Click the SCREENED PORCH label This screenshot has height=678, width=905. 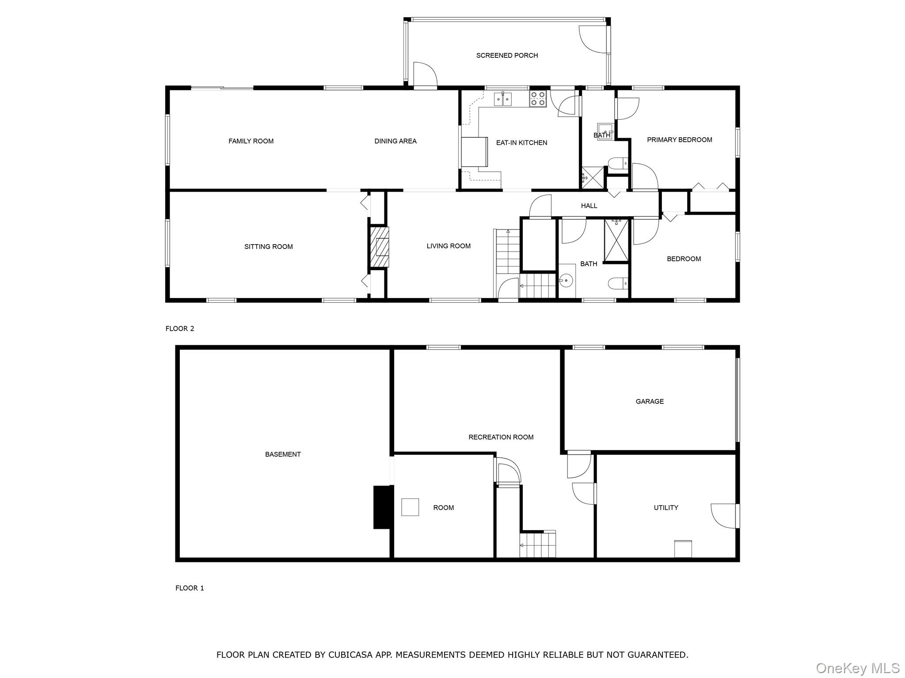[x=507, y=56]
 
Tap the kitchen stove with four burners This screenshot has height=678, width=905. [x=538, y=98]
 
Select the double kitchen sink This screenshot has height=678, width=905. [x=503, y=99]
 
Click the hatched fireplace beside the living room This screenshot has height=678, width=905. [x=379, y=247]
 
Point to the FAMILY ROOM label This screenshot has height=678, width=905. [x=251, y=141]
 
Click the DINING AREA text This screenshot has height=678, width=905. [x=395, y=141]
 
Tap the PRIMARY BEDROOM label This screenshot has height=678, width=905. [x=679, y=140]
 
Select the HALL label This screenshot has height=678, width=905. [x=589, y=206]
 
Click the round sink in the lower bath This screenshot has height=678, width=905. [x=566, y=280]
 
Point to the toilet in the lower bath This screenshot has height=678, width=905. [x=617, y=283]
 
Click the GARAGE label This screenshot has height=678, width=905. [x=649, y=402]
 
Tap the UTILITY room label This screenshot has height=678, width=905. [x=665, y=508]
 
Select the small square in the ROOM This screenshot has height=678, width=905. [x=410, y=507]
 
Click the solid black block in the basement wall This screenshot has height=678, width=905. [x=383, y=507]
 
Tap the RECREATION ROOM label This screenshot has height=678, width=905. [x=501, y=437]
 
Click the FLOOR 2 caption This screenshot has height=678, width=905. [x=179, y=329]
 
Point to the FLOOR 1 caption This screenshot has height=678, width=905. [x=190, y=588]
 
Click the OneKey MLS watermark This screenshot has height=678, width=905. [x=857, y=668]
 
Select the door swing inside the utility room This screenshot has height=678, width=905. [x=723, y=516]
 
